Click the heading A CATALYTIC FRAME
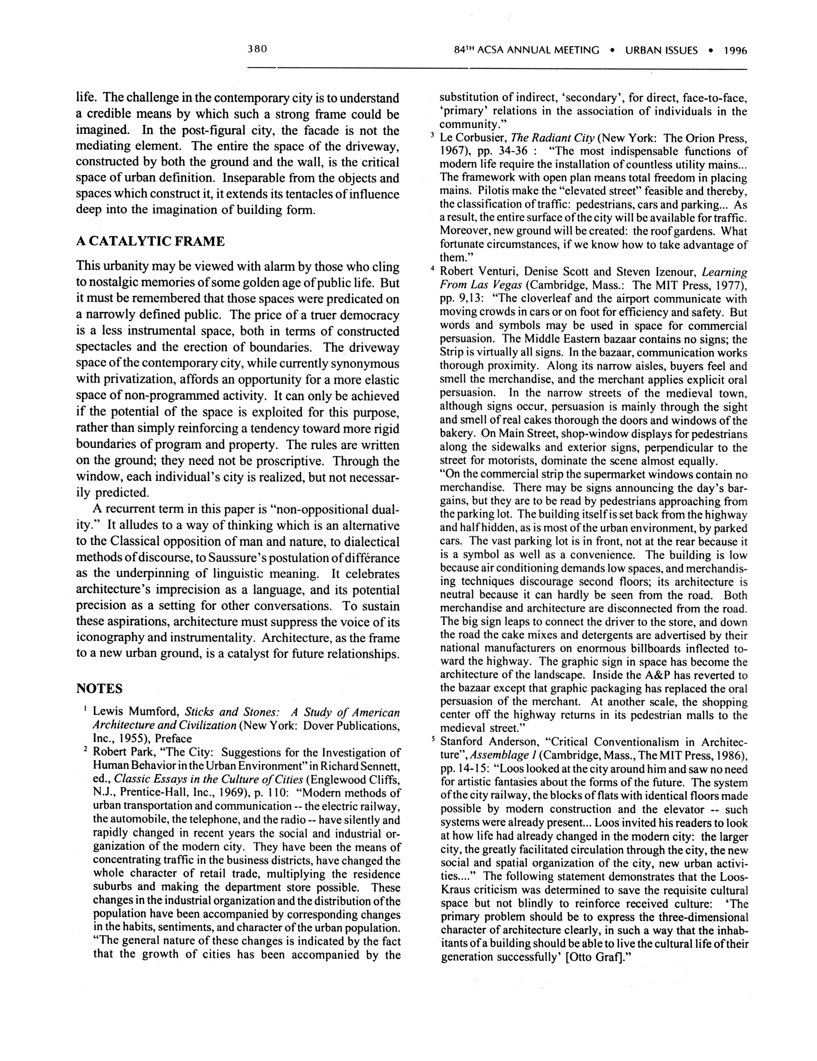click(x=150, y=242)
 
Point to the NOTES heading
click(x=99, y=689)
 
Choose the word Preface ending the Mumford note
click(x=173, y=739)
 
